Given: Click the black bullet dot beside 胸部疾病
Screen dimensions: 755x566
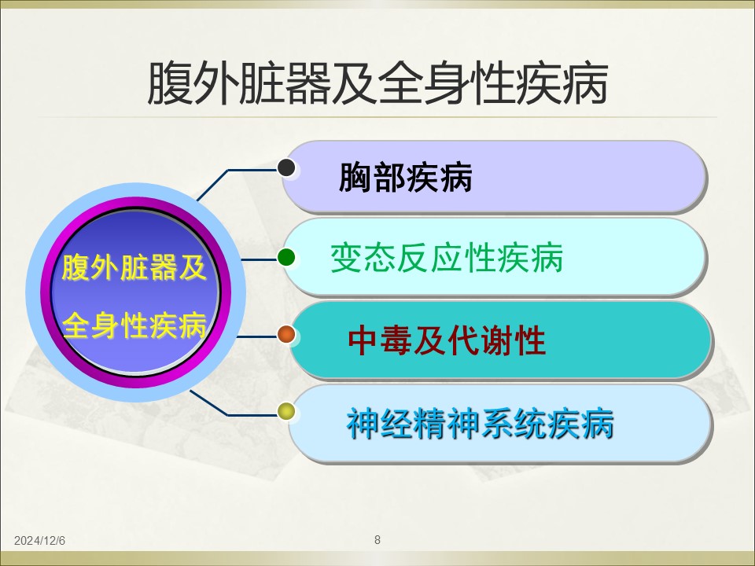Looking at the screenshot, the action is [x=286, y=167].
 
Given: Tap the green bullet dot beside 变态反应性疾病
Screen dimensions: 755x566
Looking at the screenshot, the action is [x=286, y=257].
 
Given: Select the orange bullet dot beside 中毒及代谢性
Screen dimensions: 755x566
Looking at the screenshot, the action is [x=286, y=335].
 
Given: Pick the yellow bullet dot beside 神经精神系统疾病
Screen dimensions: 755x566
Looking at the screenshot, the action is [x=286, y=411].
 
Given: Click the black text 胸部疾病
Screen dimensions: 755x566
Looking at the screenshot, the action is [x=406, y=178].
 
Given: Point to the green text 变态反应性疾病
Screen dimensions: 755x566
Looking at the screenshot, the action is [x=447, y=258].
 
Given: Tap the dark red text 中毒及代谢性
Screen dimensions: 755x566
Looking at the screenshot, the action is [x=447, y=340].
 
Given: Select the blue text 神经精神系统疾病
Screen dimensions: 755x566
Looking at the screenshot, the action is [x=480, y=424].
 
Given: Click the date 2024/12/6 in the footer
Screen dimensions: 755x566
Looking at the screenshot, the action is [x=39, y=541].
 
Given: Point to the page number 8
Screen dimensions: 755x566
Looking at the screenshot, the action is [x=377, y=539].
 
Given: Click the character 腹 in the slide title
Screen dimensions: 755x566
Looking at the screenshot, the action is [x=170, y=83].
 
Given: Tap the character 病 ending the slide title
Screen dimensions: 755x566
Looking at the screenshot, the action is [x=584, y=83].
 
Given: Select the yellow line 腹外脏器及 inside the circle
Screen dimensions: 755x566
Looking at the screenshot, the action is [x=134, y=267].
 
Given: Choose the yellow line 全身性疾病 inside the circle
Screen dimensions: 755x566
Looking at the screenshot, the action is [x=134, y=325].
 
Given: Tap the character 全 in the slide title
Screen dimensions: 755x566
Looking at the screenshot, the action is [x=400, y=83].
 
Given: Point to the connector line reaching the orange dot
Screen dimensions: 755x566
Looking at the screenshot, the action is [x=257, y=336].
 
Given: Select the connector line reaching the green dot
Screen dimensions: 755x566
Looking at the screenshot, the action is [x=259, y=259].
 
